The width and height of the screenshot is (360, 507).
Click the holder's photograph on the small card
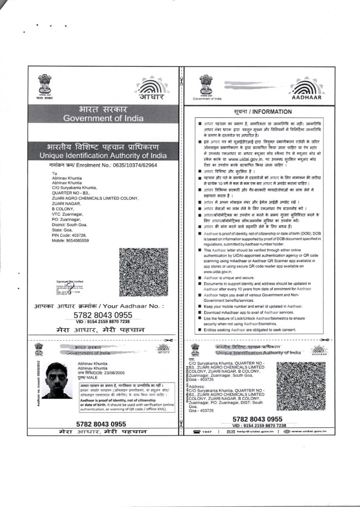pyautogui.click(x=57, y=380)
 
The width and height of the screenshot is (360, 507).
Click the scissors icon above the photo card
pyautogui.click(x=167, y=340)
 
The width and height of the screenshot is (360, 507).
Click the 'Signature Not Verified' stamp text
pyautogui.click(x=70, y=282)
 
